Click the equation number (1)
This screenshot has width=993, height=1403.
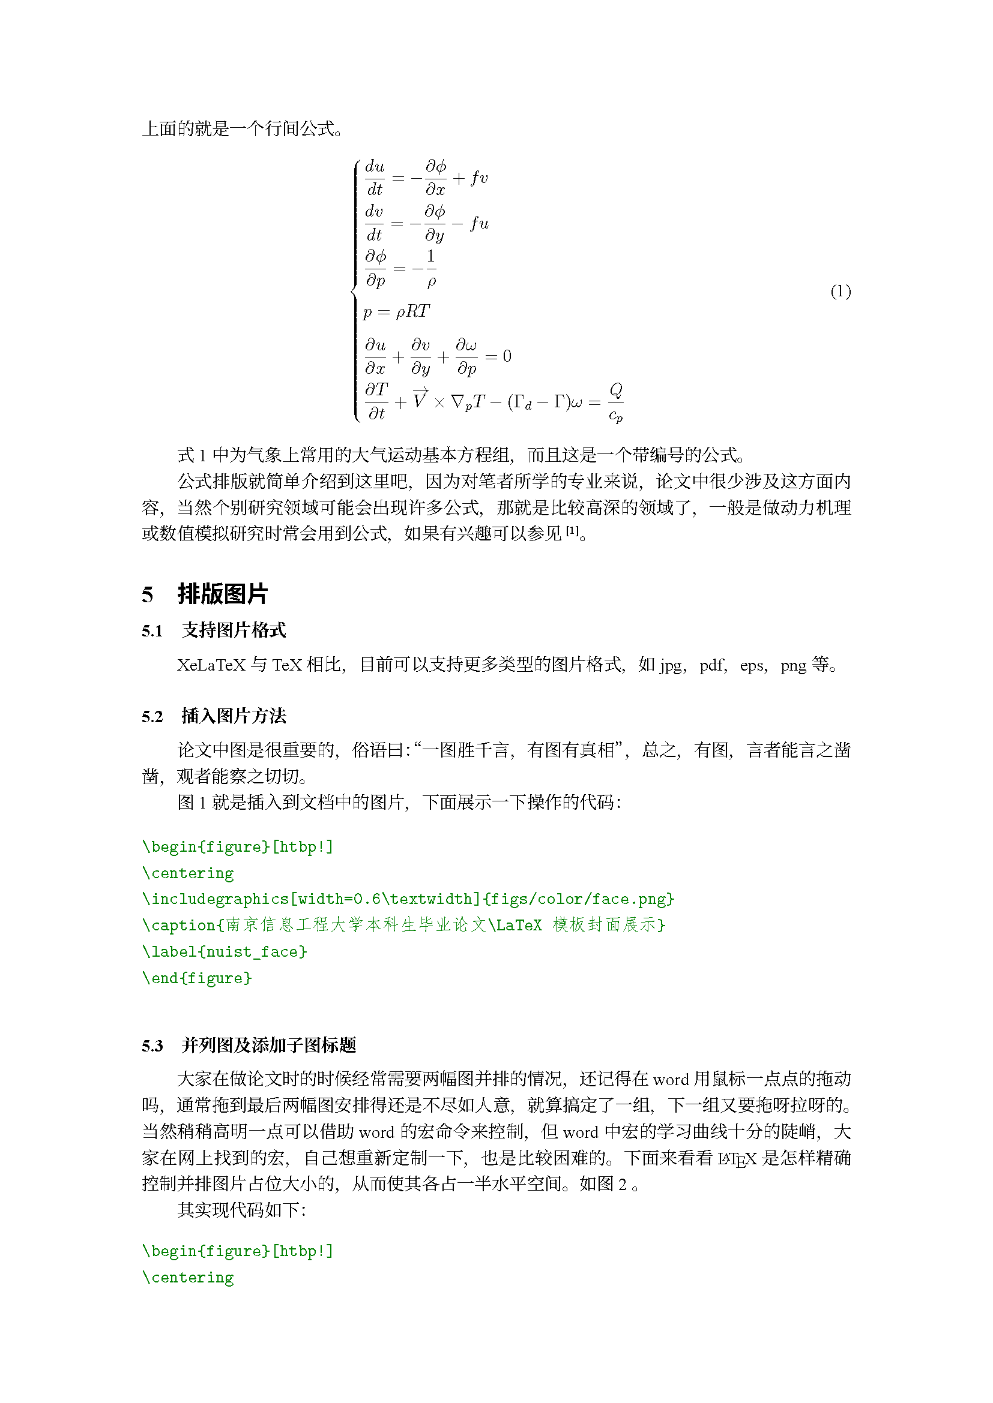click(x=840, y=292)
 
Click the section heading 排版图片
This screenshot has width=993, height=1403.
click(x=223, y=594)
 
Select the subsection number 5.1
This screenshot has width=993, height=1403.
click(x=152, y=631)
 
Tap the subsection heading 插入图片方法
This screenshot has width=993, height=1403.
click(x=234, y=716)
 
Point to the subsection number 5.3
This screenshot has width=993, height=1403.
click(x=152, y=1046)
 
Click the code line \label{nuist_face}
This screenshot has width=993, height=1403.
click(x=225, y=951)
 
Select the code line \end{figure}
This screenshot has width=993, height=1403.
click(x=197, y=978)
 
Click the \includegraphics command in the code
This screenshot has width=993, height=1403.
click(x=216, y=899)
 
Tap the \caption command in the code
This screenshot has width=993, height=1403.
click(x=178, y=925)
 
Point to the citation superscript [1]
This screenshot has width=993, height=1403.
click(x=572, y=531)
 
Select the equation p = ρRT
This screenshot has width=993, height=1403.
click(x=396, y=312)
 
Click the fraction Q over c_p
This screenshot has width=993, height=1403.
click(x=616, y=402)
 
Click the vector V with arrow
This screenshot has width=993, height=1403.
click(x=420, y=398)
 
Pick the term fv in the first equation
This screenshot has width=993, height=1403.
click(x=478, y=178)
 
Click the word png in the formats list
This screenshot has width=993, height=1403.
click(x=793, y=665)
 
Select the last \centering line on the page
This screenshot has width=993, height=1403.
click(x=188, y=1277)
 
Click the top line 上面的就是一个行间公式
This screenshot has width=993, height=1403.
click(x=242, y=128)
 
